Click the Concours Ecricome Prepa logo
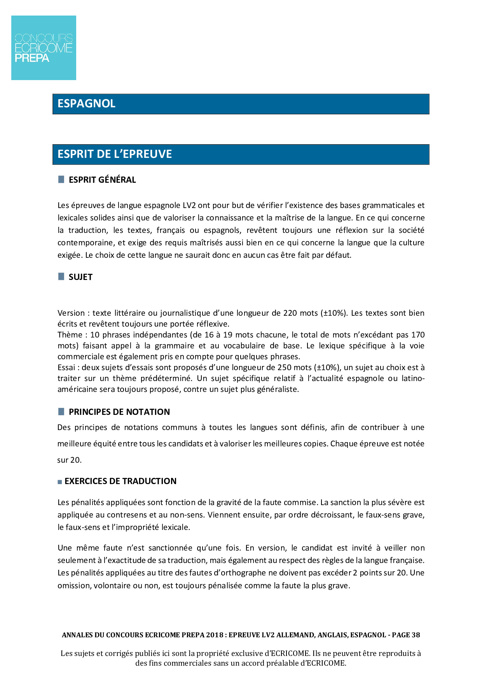pos(44,48)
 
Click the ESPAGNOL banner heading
pos(86,104)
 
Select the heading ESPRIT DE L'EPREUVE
pos(115,154)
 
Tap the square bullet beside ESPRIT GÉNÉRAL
pos(61,179)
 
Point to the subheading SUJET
pos(80,277)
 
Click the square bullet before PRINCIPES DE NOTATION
pos(61,411)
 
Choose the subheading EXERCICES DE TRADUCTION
pos(120,481)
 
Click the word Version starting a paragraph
pos(71,313)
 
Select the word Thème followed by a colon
pos(70,335)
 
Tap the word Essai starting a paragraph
pos(66,367)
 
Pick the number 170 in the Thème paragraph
pos(418,335)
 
